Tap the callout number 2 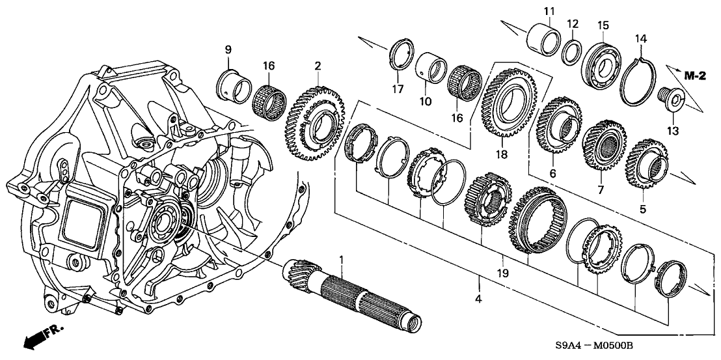pyautogui.click(x=317, y=65)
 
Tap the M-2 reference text pyautogui.click(x=695, y=76)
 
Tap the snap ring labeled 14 pyautogui.click(x=640, y=81)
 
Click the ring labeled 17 pyautogui.click(x=401, y=53)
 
